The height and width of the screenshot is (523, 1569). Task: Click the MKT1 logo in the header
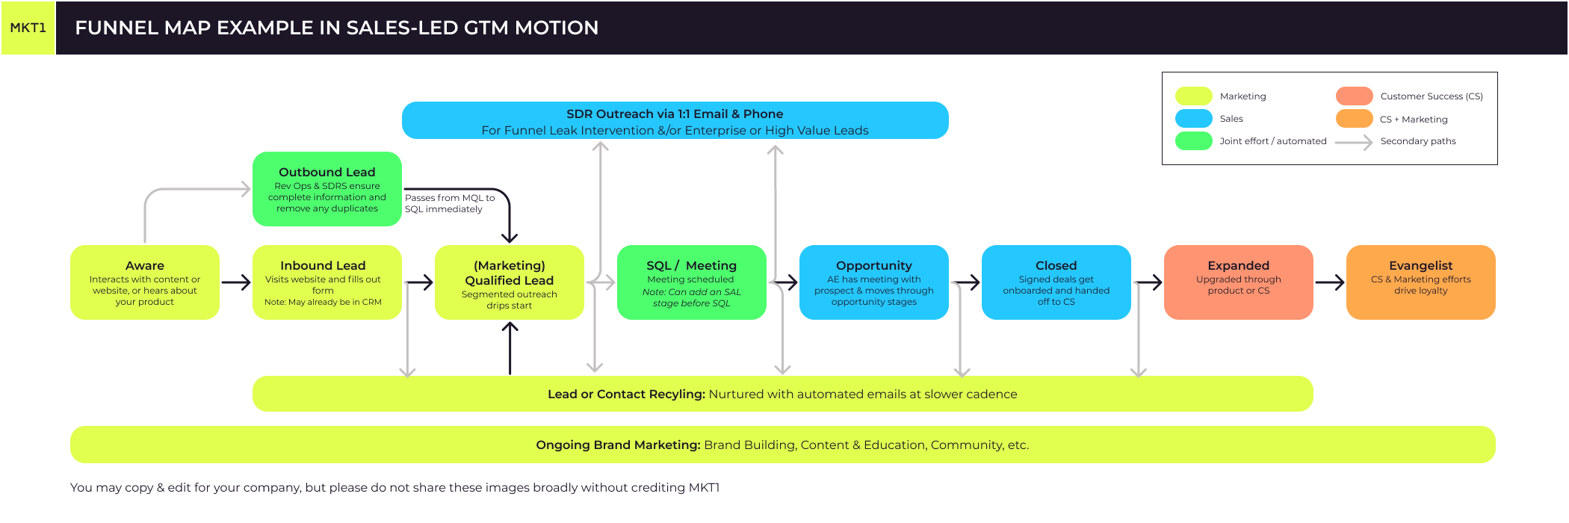(x=28, y=28)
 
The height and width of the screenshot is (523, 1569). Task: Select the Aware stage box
(x=145, y=282)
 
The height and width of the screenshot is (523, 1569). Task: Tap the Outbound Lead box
(x=327, y=189)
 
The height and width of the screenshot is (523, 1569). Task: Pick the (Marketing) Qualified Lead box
(x=510, y=282)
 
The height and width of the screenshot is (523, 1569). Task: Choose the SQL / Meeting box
(x=692, y=282)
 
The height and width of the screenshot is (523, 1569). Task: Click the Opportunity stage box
(x=874, y=282)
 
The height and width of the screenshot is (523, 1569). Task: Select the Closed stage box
(x=1056, y=282)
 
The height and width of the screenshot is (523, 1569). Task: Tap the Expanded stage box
(x=1239, y=282)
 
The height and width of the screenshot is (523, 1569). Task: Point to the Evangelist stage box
(x=1421, y=282)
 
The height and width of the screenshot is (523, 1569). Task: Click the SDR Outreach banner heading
(x=675, y=114)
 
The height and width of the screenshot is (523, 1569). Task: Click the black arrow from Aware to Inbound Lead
(x=236, y=282)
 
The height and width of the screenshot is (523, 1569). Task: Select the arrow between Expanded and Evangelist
(x=1330, y=282)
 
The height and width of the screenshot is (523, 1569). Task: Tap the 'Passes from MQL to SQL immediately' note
(x=449, y=203)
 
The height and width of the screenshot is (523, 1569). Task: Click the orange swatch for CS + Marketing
(x=1354, y=119)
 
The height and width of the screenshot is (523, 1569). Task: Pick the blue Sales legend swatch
(x=1193, y=119)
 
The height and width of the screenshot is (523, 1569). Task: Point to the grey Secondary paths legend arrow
(x=1353, y=141)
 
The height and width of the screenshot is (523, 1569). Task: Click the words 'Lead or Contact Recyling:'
(x=626, y=394)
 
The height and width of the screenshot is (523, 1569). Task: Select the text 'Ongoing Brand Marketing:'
(x=618, y=445)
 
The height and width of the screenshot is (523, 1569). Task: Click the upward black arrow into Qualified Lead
(x=510, y=347)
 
